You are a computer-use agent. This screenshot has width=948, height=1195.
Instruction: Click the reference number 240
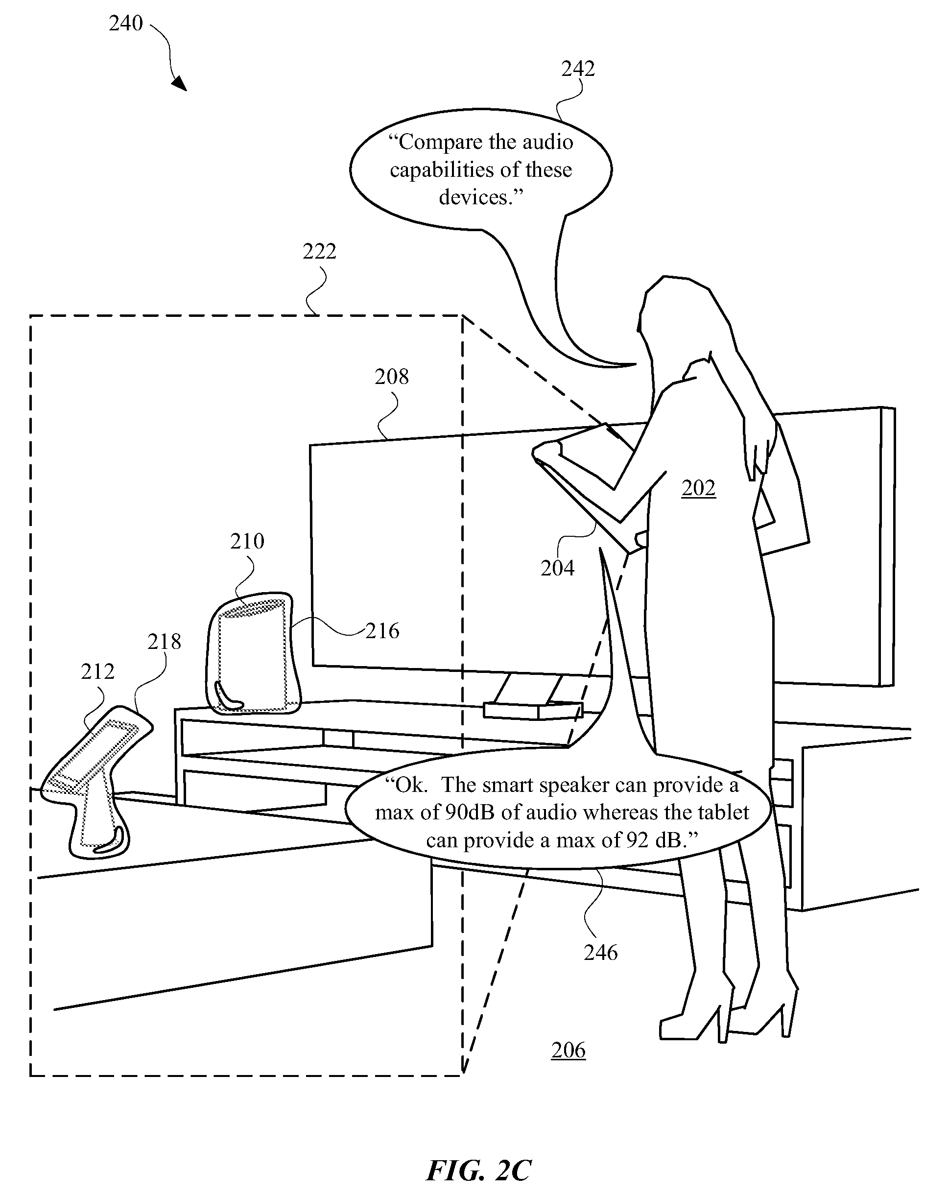(126, 24)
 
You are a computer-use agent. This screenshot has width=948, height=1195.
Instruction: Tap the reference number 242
(578, 69)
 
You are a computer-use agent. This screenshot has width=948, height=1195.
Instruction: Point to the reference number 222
(319, 252)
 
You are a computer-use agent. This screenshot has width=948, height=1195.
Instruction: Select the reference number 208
(392, 377)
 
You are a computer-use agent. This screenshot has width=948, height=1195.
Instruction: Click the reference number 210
(247, 541)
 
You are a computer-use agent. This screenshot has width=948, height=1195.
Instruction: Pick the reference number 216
(382, 631)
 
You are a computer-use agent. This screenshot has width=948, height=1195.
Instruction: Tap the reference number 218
(164, 642)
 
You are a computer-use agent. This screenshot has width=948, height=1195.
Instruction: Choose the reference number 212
(97, 672)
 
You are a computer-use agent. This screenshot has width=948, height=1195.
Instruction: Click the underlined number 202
(699, 488)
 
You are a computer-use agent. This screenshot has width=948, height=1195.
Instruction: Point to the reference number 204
(557, 568)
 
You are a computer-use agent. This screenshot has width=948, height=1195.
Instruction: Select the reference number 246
(601, 953)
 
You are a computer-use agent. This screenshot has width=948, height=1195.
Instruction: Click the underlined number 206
(569, 1051)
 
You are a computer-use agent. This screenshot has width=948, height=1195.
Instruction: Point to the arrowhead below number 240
(180, 84)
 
